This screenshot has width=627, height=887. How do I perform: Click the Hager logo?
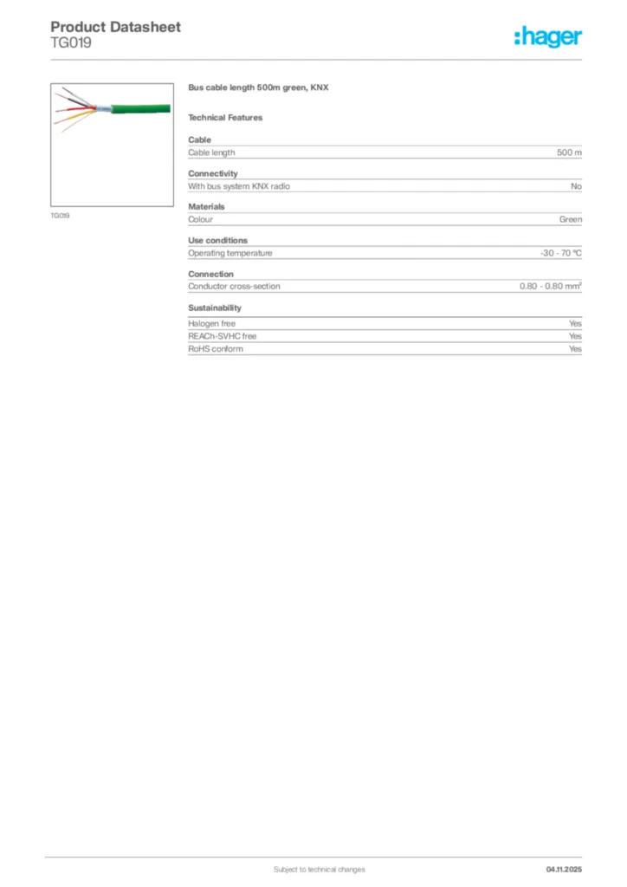(x=547, y=36)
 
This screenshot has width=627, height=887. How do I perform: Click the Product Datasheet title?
(x=115, y=27)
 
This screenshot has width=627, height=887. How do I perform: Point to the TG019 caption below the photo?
(x=60, y=215)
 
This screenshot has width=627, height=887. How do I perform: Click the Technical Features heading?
(x=225, y=117)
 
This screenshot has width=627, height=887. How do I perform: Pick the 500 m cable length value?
(x=569, y=152)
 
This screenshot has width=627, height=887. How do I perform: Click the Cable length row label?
(x=211, y=152)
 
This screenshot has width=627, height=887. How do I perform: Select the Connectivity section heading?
(x=213, y=173)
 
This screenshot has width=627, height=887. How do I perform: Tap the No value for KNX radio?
(x=576, y=186)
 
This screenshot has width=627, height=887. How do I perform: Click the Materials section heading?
(x=206, y=207)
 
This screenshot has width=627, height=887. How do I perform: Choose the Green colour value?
(x=570, y=220)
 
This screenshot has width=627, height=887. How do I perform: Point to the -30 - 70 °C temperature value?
(x=560, y=253)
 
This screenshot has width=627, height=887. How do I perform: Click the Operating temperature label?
(x=230, y=253)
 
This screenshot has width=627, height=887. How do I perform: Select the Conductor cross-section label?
(x=234, y=286)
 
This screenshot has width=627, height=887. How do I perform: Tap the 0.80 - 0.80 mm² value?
(x=550, y=286)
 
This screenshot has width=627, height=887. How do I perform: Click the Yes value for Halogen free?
(x=575, y=323)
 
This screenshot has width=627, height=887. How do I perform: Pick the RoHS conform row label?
(x=216, y=348)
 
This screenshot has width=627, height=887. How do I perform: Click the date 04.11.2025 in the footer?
(x=564, y=869)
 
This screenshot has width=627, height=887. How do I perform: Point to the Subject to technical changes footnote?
(x=320, y=869)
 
